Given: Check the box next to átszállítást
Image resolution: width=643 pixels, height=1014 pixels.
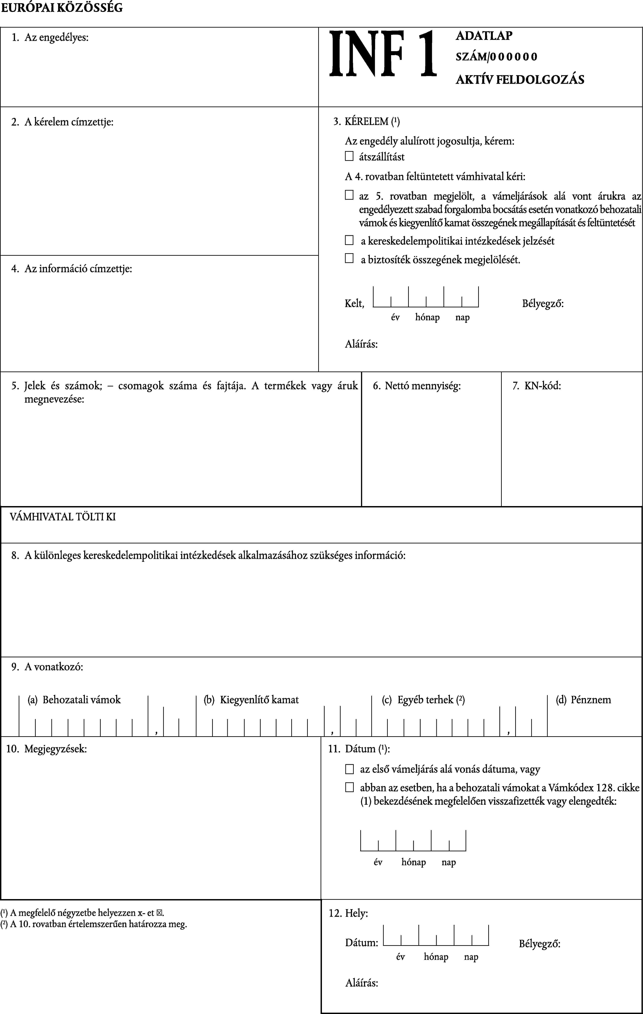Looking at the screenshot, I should tap(349, 156).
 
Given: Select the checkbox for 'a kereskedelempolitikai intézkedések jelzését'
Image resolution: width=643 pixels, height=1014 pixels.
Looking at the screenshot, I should tap(349, 240).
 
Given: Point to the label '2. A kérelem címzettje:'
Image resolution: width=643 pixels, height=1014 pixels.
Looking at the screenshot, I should tap(62, 122).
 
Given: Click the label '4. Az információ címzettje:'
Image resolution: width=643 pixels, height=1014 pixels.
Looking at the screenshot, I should tap(72, 269).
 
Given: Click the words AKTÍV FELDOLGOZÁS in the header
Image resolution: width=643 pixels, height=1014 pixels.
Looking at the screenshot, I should tap(520, 80).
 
